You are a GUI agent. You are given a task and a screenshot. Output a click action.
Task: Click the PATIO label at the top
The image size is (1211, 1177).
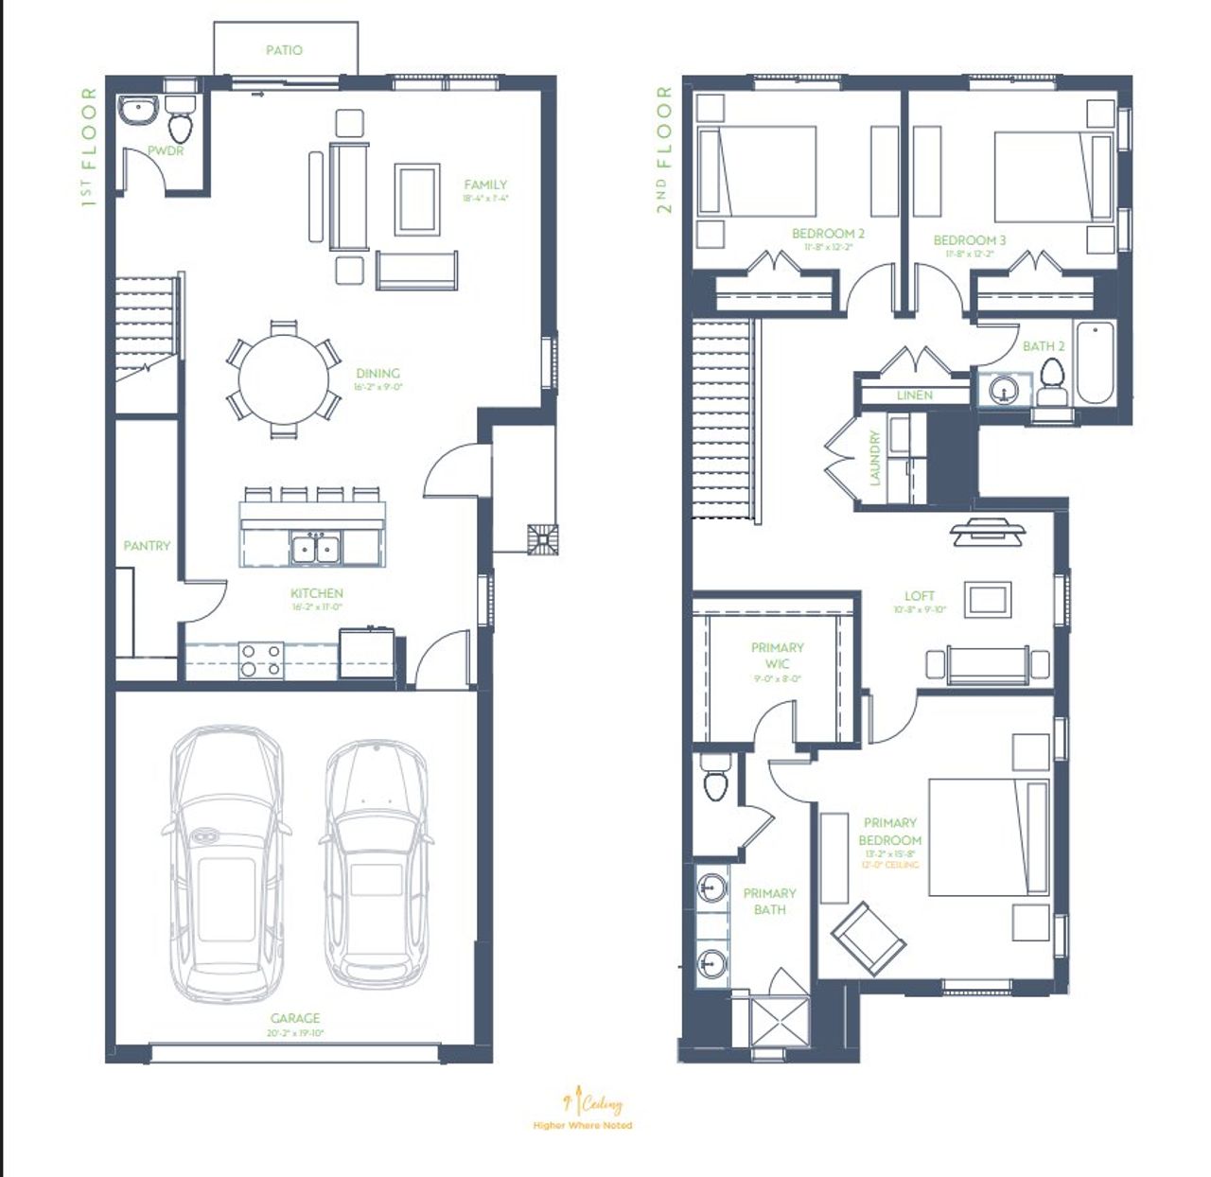(x=284, y=50)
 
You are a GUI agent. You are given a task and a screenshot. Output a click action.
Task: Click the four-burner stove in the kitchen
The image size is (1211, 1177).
(x=261, y=659)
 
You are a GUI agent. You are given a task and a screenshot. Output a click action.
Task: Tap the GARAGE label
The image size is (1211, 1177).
(x=295, y=1018)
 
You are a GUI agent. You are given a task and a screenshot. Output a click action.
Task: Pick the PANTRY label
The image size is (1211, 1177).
(x=147, y=546)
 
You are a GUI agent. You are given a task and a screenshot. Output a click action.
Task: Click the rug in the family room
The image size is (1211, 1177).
(x=417, y=199)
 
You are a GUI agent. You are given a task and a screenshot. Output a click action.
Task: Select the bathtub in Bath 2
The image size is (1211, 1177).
(x=1096, y=362)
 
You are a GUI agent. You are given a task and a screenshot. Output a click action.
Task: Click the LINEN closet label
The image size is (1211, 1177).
(x=914, y=395)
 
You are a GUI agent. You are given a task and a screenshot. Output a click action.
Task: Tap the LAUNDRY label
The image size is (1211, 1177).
(x=874, y=458)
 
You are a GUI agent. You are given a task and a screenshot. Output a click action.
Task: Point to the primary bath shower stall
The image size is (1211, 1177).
(x=780, y=1021)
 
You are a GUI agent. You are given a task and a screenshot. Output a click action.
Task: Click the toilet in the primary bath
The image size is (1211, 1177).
(x=716, y=780)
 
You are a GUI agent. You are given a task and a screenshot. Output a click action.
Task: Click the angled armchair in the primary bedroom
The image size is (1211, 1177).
(x=868, y=938)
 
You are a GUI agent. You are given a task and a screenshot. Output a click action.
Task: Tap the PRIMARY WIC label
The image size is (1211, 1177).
(x=777, y=656)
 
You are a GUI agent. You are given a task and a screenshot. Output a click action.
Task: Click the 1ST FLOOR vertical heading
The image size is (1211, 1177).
(x=89, y=147)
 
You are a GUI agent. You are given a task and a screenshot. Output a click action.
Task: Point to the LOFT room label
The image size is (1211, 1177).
(x=919, y=596)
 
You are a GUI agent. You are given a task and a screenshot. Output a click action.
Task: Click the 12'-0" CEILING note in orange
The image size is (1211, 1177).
(x=889, y=865)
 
